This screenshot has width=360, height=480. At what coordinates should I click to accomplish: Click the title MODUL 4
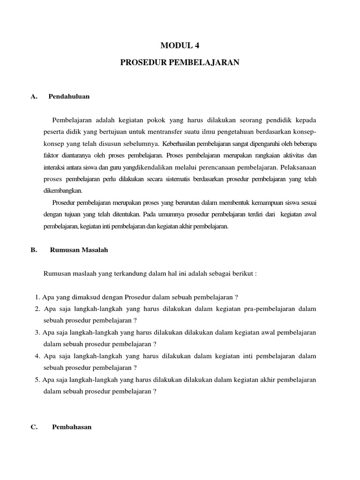180,45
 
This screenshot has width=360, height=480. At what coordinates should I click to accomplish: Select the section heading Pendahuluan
69,97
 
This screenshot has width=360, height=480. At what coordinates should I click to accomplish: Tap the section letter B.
34,250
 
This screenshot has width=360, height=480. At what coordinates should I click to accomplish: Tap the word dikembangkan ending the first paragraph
63,191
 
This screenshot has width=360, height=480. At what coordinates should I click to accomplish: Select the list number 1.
37,297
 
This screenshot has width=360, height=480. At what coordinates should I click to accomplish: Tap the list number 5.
37,380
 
